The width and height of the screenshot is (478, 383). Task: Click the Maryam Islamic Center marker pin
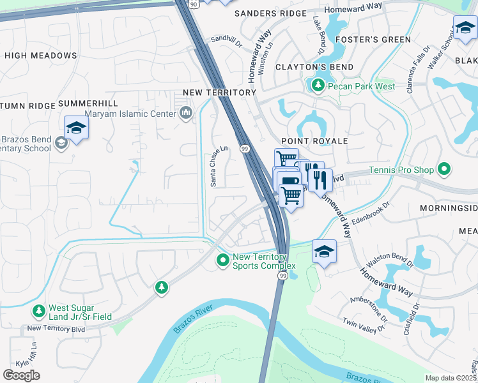pyautogui.click(x=186, y=114)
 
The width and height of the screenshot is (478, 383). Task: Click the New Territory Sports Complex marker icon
pyautogui.click(x=222, y=260)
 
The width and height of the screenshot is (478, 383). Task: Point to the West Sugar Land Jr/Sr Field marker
pyautogui.click(x=38, y=311)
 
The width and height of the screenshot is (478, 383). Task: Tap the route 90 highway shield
pyautogui.click(x=192, y=3)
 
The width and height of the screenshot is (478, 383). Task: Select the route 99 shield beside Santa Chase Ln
pyautogui.click(x=244, y=148)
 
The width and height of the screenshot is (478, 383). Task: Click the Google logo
pyautogui.click(x=21, y=375)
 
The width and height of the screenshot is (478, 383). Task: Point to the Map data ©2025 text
pyautogui.click(x=451, y=378)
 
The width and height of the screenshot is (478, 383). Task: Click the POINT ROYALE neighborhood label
pyautogui.click(x=314, y=140)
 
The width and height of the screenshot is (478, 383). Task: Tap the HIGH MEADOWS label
pyautogui.click(x=41, y=56)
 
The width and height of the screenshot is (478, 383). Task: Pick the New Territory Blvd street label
pyautogui.click(x=56, y=328)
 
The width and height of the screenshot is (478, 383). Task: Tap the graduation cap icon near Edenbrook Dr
pyautogui.click(x=324, y=252)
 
